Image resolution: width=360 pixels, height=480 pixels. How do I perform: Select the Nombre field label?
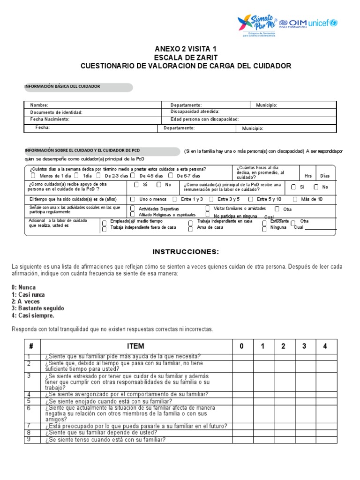click(x=39, y=105)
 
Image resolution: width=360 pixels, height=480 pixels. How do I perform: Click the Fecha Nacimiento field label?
click(x=50, y=120)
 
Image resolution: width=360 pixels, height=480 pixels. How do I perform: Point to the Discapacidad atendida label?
click(x=195, y=112)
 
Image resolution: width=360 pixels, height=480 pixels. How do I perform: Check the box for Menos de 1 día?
click(x=33, y=176)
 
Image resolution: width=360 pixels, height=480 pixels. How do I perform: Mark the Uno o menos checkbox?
click(x=136, y=199)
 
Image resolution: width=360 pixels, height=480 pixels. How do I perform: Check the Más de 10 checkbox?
click(x=295, y=199)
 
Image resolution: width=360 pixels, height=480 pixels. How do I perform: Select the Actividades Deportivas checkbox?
click(x=133, y=208)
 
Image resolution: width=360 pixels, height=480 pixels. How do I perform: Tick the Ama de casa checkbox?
click(x=190, y=229)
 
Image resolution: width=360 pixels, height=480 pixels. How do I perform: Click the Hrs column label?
click(x=308, y=176)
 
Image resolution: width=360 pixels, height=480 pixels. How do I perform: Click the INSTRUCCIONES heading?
click(x=186, y=252)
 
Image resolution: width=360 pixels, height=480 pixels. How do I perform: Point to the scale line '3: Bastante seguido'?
click(x=38, y=308)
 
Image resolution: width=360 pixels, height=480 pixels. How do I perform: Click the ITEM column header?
click(x=135, y=346)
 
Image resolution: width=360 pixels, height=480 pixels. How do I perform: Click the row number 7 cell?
click(x=29, y=426)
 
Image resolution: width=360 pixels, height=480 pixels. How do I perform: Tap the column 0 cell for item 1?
click(x=243, y=357)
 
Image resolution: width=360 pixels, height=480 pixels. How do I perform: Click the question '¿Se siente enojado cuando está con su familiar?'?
click(x=109, y=401)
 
